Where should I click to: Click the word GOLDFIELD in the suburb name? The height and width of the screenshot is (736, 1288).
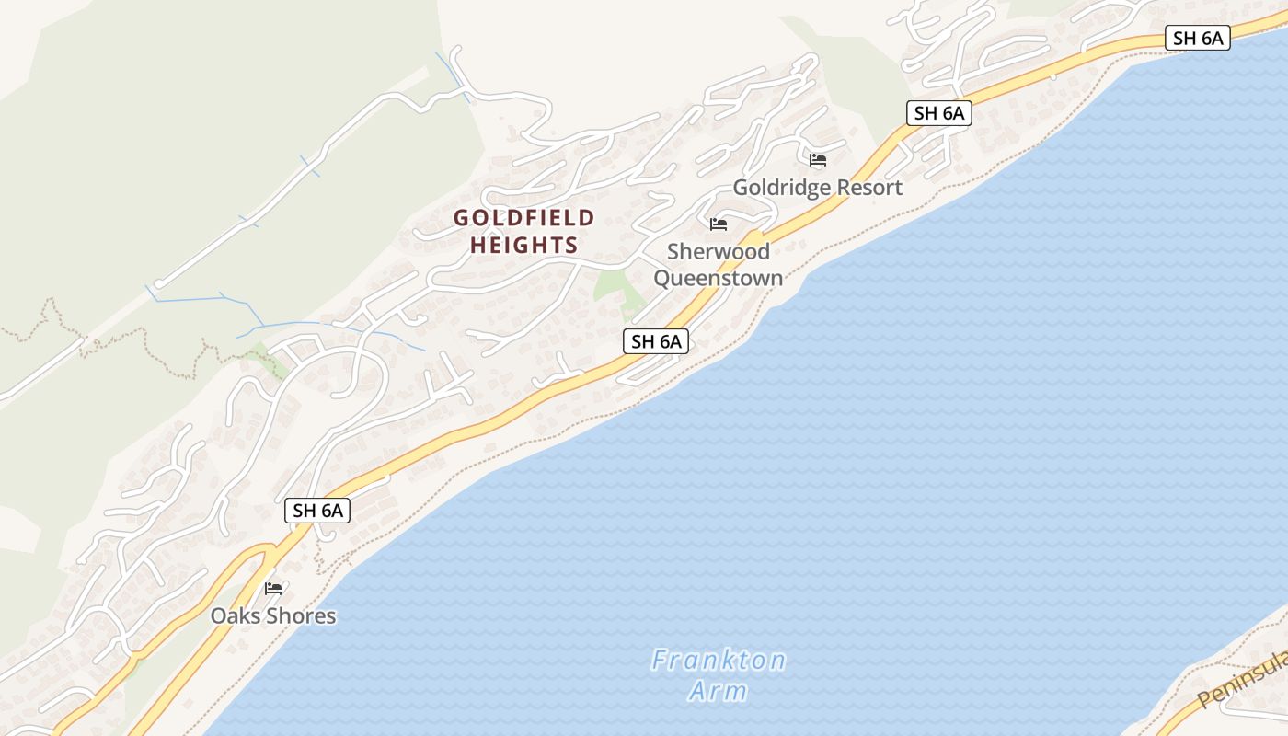click(x=524, y=218)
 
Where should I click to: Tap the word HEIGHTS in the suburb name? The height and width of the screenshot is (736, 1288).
click(x=524, y=245)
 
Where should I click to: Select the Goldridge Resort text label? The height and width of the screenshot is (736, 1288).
click(x=817, y=188)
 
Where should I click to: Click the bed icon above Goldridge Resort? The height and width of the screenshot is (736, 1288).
click(x=818, y=160)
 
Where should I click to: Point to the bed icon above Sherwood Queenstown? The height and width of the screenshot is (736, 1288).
click(x=719, y=224)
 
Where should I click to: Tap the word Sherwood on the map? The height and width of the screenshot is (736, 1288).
click(x=719, y=251)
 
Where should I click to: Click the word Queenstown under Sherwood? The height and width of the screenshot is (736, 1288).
click(x=719, y=278)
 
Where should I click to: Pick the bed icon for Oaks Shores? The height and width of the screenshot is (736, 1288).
click(x=273, y=588)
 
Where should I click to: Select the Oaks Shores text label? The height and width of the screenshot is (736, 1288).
click(x=273, y=615)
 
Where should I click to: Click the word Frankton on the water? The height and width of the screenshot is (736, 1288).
click(x=719, y=661)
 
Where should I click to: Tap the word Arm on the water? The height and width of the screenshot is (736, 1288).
click(x=719, y=691)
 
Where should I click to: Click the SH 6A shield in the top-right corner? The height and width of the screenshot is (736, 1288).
click(x=1198, y=38)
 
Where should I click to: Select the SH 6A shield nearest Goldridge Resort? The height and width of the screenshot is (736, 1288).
click(x=938, y=113)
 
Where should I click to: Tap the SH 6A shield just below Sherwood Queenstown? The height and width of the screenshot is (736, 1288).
click(x=656, y=341)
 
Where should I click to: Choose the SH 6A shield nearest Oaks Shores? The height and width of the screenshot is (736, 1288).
click(x=317, y=511)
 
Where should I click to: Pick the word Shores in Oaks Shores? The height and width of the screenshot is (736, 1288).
click(x=304, y=615)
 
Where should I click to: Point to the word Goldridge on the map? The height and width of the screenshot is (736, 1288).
click(x=776, y=188)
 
